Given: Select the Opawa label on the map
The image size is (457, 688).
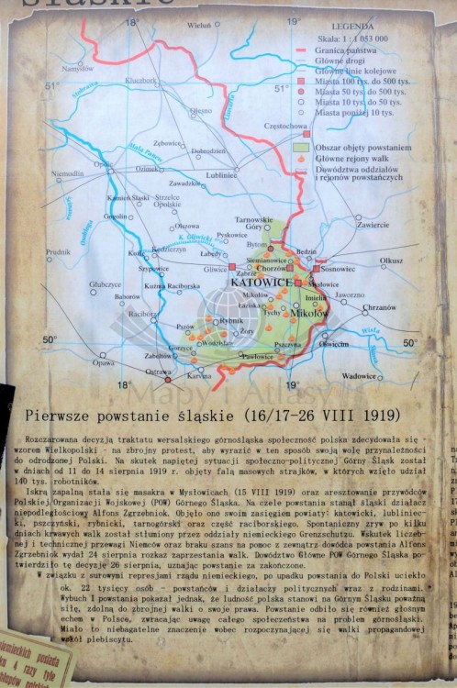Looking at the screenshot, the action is [x=104, y=362].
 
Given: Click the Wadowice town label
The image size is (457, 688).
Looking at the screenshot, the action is [x=358, y=376].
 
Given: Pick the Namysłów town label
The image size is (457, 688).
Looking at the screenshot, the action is [x=78, y=68].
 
